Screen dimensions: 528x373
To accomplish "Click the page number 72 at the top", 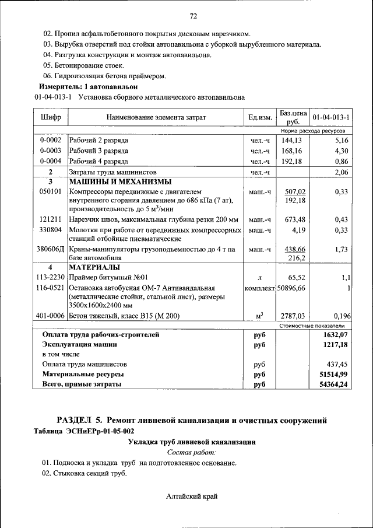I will click(x=193, y=16).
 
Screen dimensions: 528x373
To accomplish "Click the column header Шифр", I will click(x=51, y=117).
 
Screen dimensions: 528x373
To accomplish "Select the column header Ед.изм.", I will click(x=260, y=117).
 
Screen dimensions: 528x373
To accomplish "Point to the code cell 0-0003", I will click(x=51, y=151).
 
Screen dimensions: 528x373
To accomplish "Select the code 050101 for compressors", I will click(x=51, y=191).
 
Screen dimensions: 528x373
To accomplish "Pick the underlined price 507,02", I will click(x=295, y=191).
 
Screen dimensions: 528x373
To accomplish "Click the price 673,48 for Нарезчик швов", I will click(x=293, y=219).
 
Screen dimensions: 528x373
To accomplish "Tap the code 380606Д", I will click(x=51, y=249).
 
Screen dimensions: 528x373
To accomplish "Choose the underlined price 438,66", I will click(x=294, y=249).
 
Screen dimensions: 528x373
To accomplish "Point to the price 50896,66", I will click(x=291, y=288).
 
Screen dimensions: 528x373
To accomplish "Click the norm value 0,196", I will click(x=339, y=316).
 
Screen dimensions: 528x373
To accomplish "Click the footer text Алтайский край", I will click(x=192, y=496).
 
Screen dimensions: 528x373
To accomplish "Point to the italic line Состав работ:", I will click(x=192, y=452).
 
